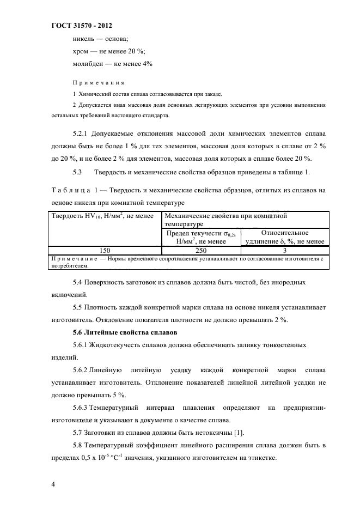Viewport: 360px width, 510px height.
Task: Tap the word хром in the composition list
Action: [81, 51]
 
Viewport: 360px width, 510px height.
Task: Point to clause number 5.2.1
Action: [81, 132]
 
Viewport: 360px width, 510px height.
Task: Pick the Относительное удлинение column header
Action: [285, 237]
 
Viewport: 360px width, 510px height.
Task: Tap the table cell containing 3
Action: [285, 250]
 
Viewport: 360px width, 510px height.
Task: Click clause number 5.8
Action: [77, 446]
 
